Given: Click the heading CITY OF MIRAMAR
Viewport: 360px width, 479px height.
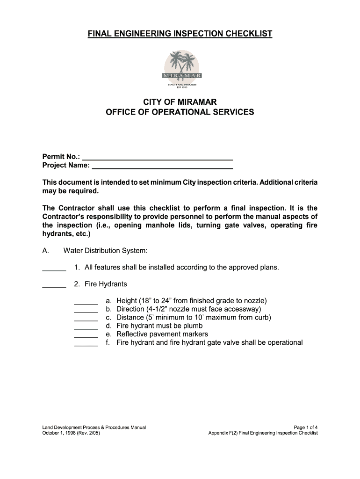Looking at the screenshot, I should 180,102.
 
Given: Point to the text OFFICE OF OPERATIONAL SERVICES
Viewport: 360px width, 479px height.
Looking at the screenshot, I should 180,112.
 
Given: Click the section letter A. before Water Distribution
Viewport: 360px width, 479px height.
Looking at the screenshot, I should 46,251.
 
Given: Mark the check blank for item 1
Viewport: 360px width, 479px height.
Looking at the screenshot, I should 54,269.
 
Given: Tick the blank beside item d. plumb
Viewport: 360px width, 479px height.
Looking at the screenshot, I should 86,327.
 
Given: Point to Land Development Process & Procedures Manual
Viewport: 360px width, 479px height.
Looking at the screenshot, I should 94,427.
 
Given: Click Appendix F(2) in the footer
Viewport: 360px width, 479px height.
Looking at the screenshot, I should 224,433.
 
